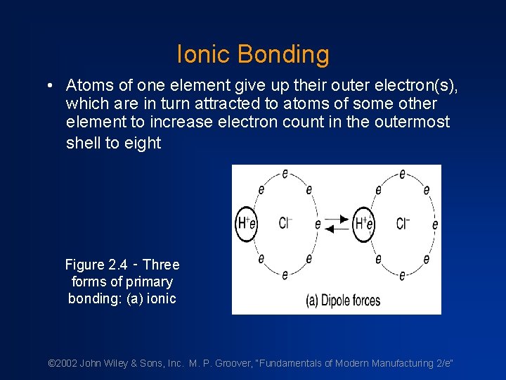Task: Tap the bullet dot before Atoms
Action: (x=51, y=86)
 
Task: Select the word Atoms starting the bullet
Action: (x=88, y=85)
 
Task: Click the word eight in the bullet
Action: (x=143, y=143)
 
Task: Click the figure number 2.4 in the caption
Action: (x=117, y=265)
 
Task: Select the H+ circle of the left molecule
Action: (x=246, y=224)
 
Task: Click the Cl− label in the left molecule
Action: (x=285, y=224)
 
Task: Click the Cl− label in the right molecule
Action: (x=403, y=224)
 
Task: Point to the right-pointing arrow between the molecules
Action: (x=339, y=219)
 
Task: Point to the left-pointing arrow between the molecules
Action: (x=339, y=229)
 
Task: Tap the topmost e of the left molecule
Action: (x=285, y=174)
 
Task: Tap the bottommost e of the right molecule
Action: (x=402, y=275)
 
